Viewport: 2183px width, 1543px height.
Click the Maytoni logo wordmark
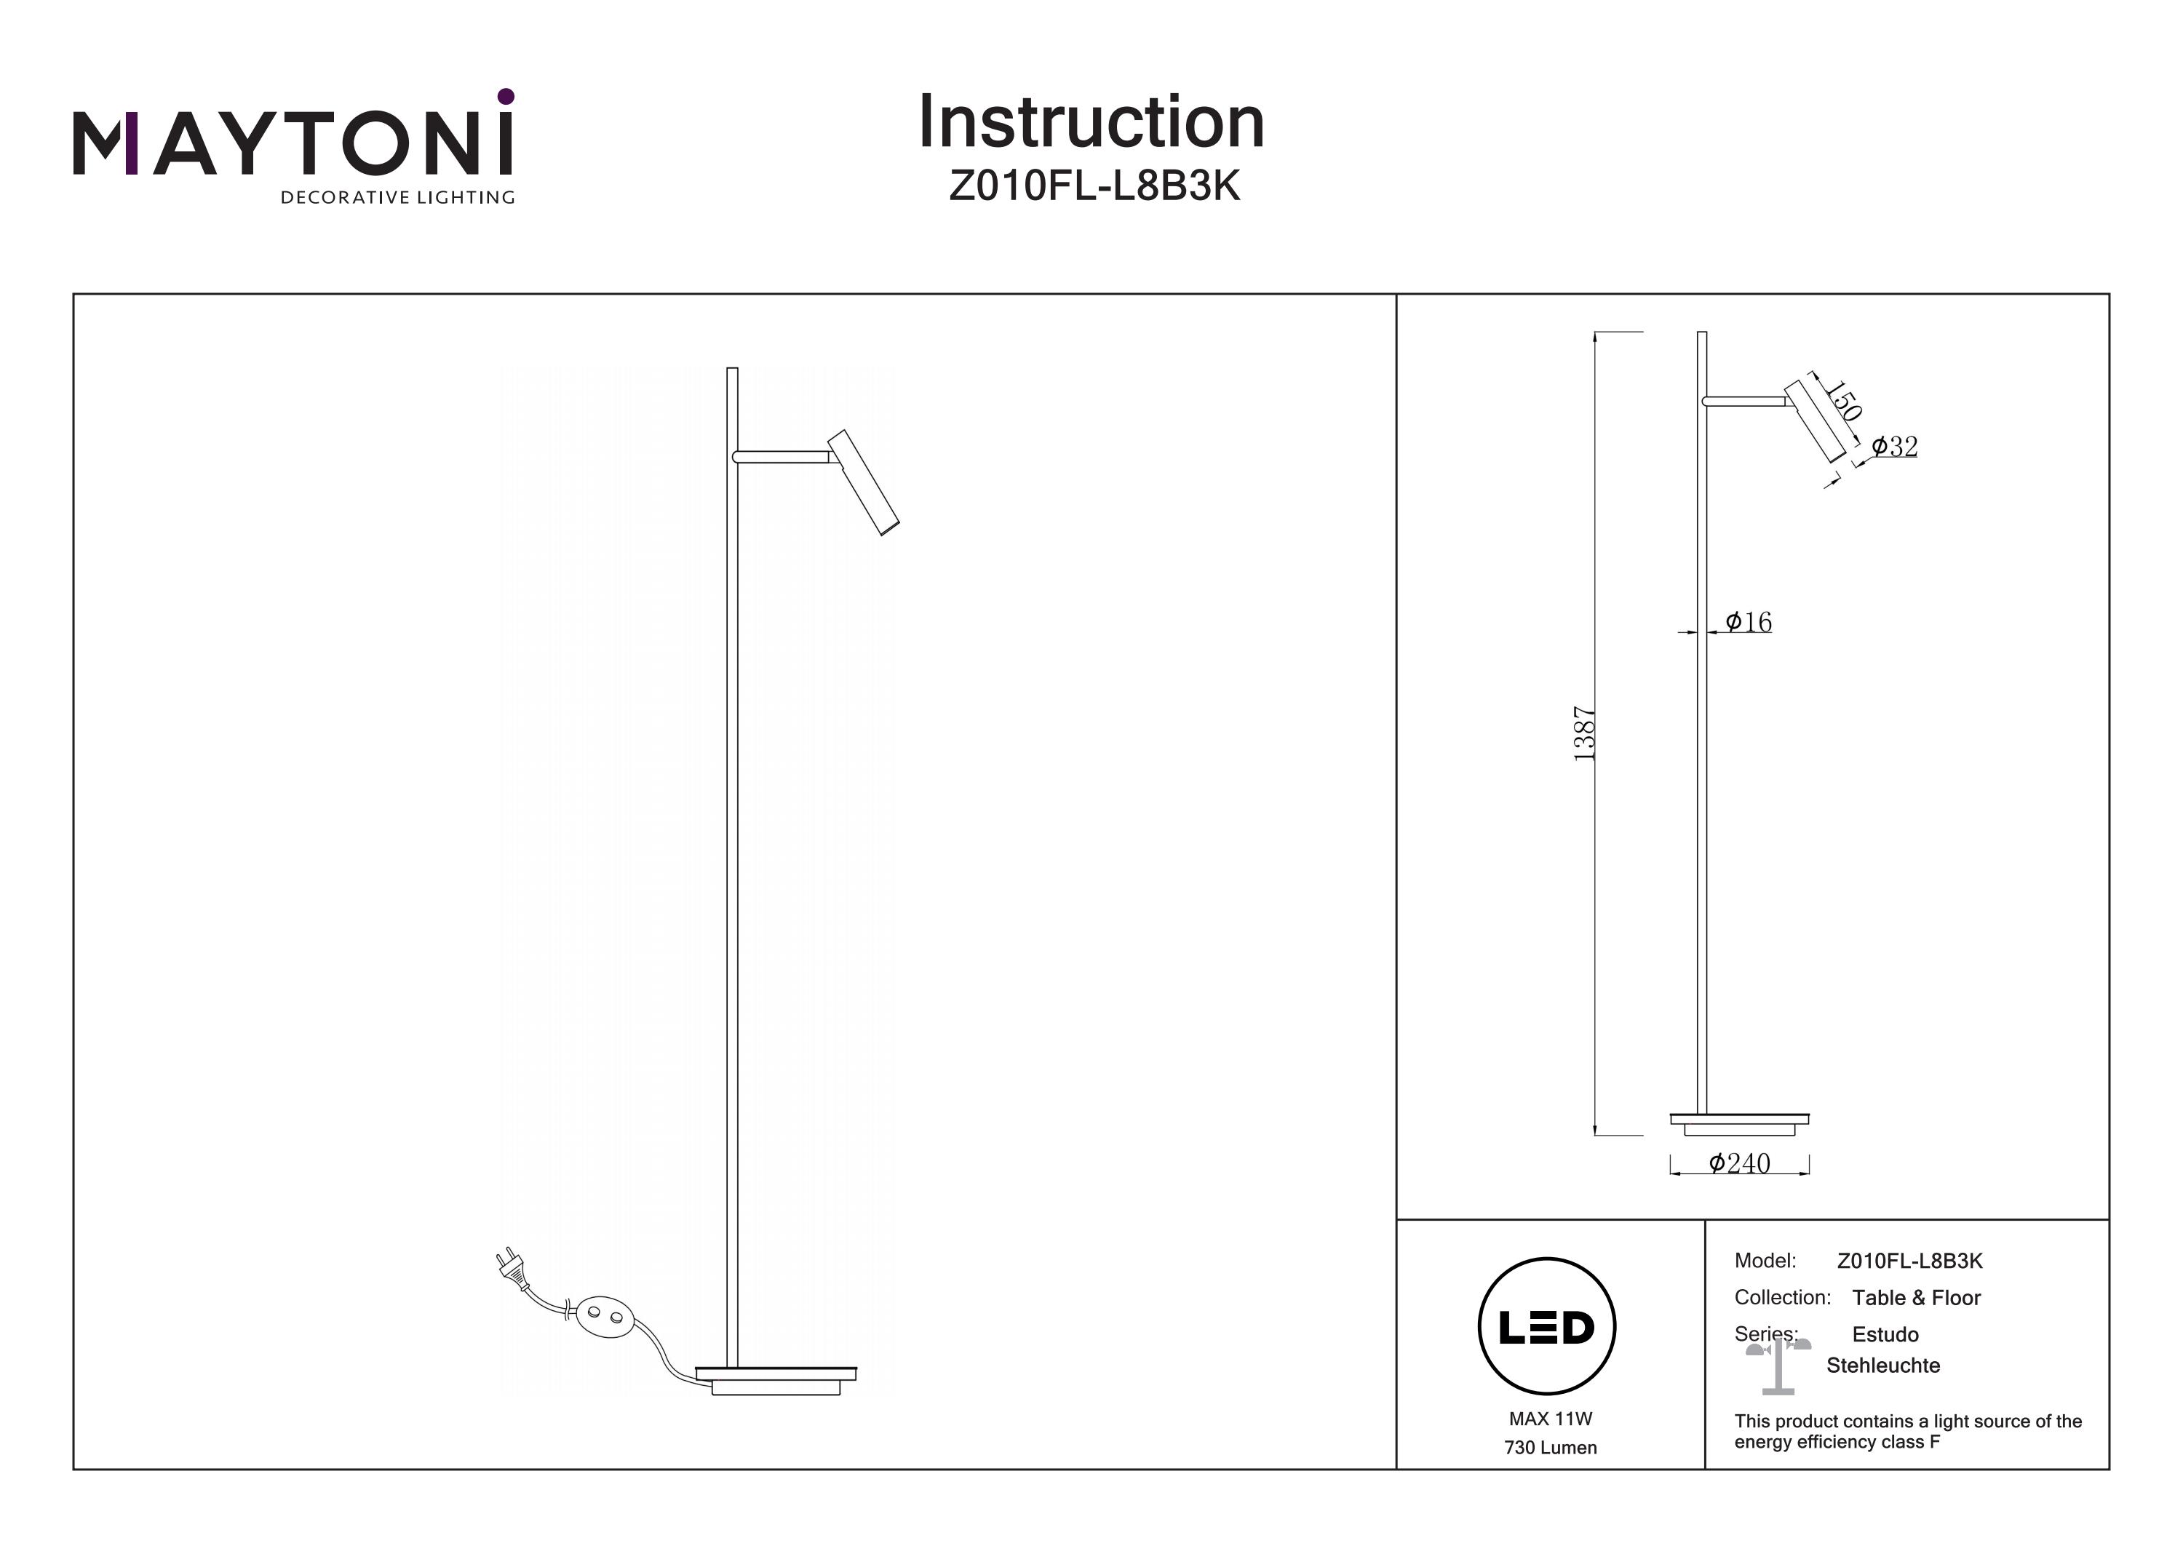(293, 143)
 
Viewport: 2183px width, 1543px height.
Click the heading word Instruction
(1091, 123)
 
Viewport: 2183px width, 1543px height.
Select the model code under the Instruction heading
(1094, 186)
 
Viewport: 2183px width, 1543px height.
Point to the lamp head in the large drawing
(863, 483)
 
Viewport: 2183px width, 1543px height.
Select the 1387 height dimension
(1583, 733)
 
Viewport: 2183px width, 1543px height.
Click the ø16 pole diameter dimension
(1748, 622)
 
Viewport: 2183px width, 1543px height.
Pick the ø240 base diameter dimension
(1739, 1164)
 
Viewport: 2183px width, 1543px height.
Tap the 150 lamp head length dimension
(1842, 401)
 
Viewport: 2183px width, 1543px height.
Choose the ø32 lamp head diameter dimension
(1894, 446)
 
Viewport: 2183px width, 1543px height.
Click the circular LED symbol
(1547, 1326)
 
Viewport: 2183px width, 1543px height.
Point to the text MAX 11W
(1550, 1419)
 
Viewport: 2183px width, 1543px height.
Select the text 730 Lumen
(1550, 1448)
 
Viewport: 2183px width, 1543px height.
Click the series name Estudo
(1885, 1335)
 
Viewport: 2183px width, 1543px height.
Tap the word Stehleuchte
(1882, 1365)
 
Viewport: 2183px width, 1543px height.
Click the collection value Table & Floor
(1916, 1298)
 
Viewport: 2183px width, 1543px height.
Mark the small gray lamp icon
(1777, 1367)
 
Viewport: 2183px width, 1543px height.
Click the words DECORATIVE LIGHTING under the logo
(397, 198)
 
